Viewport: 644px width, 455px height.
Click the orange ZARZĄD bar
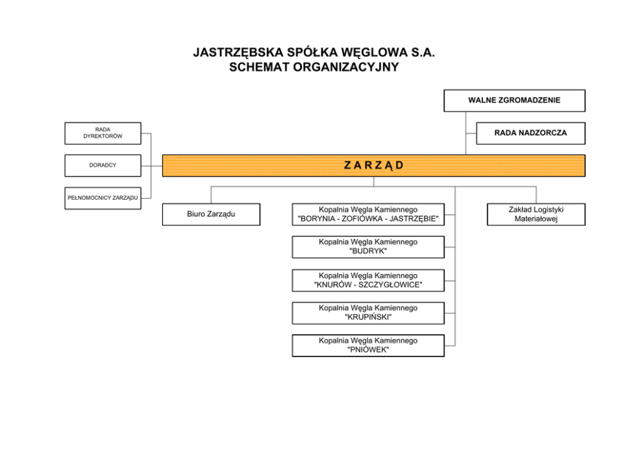pos(373,166)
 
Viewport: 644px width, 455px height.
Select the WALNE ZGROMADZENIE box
pos(514,101)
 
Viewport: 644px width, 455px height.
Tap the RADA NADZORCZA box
pos(530,133)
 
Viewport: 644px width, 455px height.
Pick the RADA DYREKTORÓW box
pos(103,133)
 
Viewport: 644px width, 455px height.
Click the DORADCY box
pos(103,166)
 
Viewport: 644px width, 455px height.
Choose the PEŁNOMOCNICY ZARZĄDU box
pos(103,198)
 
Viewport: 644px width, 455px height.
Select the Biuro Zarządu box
pos(211,214)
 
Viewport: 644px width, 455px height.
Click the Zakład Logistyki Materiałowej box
pos(536,214)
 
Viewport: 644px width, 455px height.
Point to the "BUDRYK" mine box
pos(368,247)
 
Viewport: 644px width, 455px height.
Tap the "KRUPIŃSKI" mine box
pos(368,313)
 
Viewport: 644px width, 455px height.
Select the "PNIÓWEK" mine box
pos(368,345)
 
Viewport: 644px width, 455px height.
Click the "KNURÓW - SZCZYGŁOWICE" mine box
pos(368,280)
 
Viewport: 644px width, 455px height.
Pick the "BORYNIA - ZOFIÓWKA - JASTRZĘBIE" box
pos(368,214)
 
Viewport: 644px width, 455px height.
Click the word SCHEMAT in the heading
pos(258,67)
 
